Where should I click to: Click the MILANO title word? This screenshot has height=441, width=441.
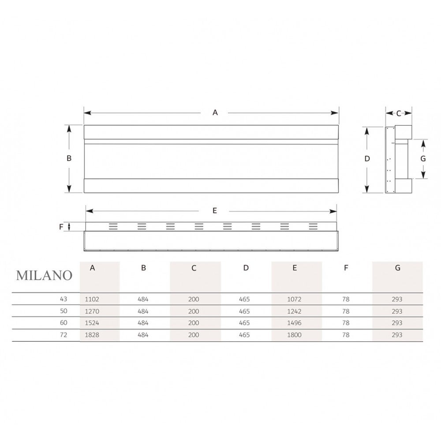(x=44, y=275)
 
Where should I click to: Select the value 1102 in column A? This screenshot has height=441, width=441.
(x=92, y=299)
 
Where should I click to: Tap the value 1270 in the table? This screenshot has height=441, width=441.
(x=92, y=311)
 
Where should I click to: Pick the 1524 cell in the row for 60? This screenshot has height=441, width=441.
(x=92, y=323)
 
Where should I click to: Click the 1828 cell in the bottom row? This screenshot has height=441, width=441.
(x=92, y=335)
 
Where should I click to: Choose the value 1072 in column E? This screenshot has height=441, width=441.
(x=294, y=299)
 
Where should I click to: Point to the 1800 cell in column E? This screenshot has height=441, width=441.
(x=294, y=335)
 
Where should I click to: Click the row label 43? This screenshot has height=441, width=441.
(x=64, y=299)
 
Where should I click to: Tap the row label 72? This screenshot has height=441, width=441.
(x=64, y=335)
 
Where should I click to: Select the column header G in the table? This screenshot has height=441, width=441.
(x=397, y=268)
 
